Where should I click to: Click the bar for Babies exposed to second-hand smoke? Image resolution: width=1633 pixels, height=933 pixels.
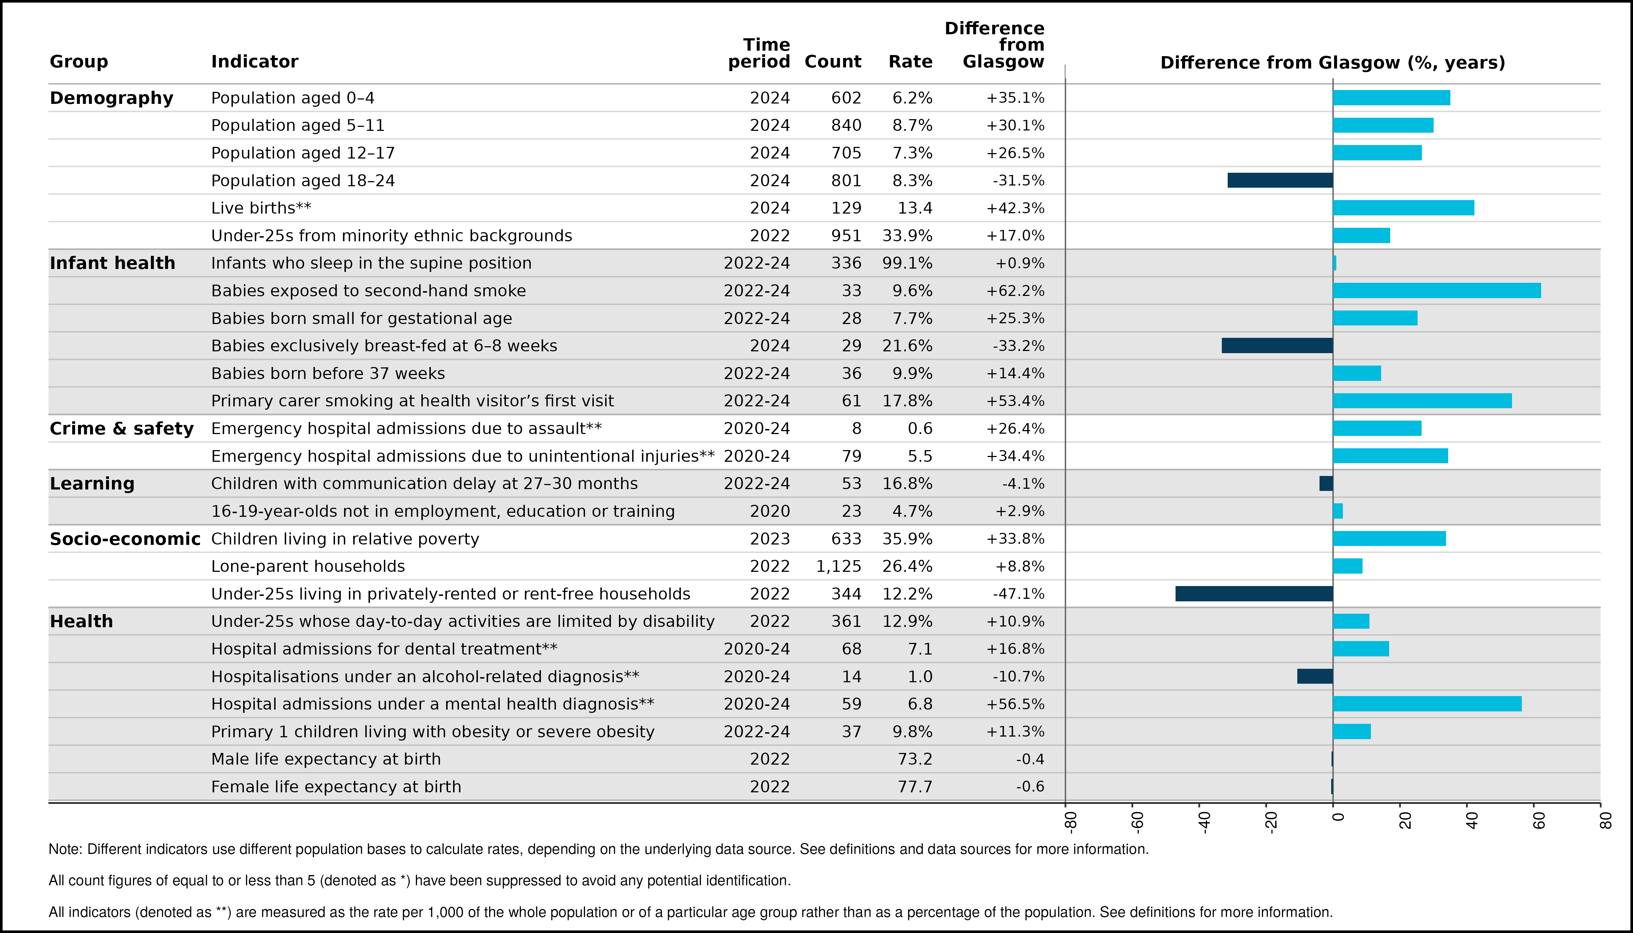1437,290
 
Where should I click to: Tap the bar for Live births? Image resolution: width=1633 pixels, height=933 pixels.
1404,208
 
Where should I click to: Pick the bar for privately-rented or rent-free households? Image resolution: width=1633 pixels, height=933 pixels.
1254,593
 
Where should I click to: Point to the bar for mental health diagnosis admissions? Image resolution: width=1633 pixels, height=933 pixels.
1427,704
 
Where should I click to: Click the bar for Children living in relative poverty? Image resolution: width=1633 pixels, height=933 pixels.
1390,538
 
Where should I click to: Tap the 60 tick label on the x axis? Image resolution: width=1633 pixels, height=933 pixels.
1538,821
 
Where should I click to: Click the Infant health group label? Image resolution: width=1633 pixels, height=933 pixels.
112,263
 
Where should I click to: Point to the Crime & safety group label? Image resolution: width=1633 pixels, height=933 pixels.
122,428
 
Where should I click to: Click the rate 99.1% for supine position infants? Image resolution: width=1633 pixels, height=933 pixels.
908,263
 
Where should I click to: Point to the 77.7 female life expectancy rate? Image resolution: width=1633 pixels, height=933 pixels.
915,786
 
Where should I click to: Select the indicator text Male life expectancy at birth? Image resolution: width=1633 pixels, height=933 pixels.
326,759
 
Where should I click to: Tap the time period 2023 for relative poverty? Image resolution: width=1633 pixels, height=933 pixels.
770,538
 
